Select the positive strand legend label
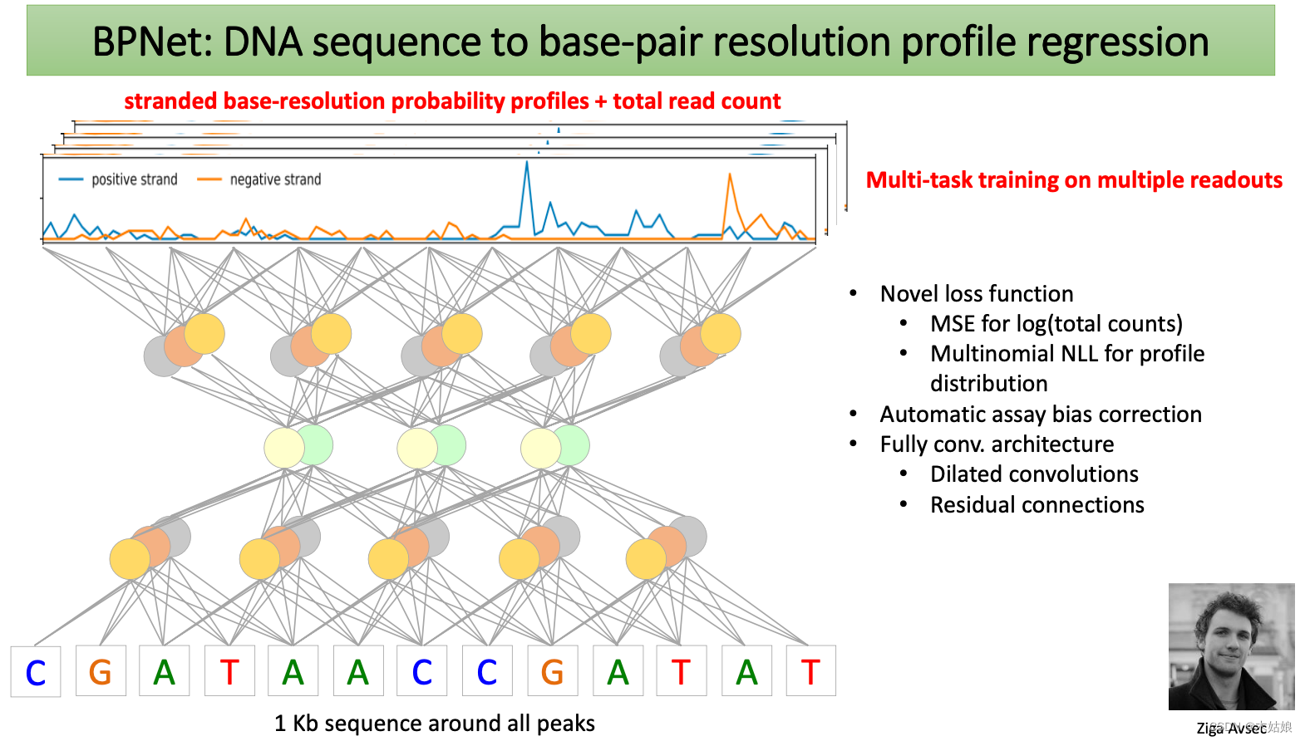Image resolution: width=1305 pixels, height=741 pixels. coord(134,179)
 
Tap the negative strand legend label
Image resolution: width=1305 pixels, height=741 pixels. coord(275,179)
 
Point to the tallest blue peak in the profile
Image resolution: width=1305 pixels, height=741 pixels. coord(526,164)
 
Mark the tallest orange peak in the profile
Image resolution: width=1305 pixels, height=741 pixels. coord(730,176)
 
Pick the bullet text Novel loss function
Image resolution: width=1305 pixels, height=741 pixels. coord(977,294)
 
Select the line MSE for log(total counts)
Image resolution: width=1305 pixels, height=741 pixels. coord(1056,324)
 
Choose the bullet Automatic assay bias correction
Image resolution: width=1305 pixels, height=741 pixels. coord(1041,415)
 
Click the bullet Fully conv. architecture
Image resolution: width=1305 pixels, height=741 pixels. coord(997,444)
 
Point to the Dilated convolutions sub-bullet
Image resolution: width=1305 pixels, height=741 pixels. coord(1034,474)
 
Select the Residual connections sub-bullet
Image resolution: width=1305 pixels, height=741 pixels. coord(1037,505)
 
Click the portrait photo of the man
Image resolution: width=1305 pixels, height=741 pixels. coord(1231,646)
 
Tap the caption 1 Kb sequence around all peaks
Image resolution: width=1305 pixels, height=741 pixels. coord(435,724)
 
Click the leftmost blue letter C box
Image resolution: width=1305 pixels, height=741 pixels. coord(36,672)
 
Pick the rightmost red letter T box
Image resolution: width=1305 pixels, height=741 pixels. coord(810,671)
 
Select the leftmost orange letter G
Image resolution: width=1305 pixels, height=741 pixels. coord(100,671)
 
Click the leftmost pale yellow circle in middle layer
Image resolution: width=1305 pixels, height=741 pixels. coord(283,448)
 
